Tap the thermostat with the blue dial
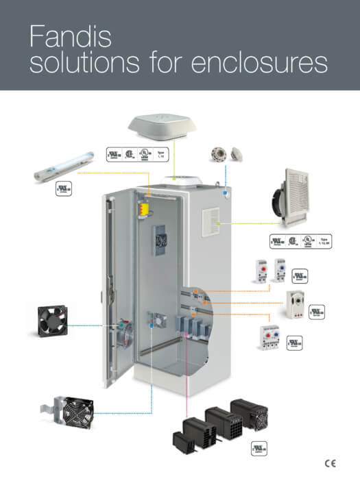coord(280,269)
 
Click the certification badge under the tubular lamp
coord(64,188)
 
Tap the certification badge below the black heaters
coord(259,447)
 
